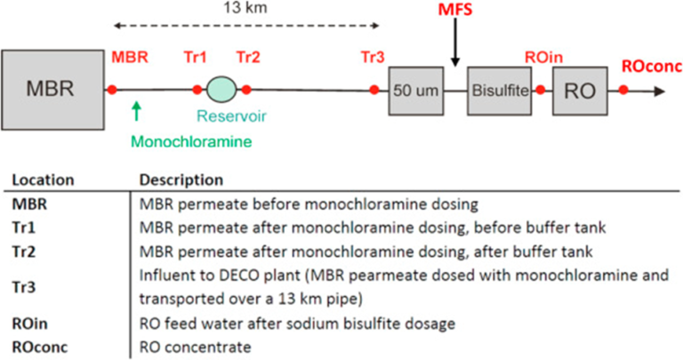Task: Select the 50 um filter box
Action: point(415,90)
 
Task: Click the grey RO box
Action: point(580,90)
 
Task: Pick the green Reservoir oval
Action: point(221,89)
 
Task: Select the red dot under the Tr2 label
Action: point(246,89)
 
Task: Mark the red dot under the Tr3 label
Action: point(374,89)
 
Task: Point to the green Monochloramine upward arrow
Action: point(136,110)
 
